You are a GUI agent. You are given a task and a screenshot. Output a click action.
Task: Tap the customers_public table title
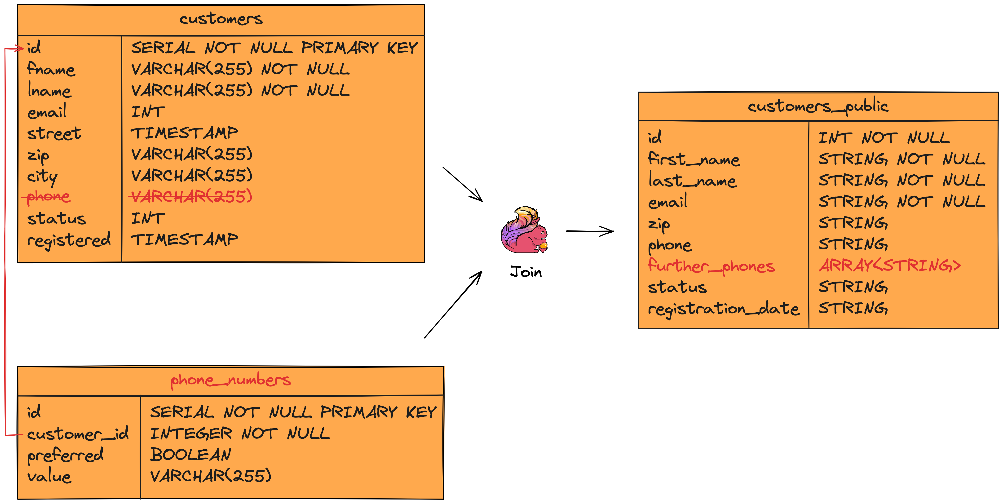click(818, 106)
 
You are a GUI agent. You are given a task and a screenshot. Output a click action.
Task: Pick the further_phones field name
click(711, 266)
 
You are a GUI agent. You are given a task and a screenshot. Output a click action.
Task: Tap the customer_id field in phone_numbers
click(77, 433)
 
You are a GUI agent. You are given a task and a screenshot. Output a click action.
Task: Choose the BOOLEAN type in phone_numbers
click(190, 455)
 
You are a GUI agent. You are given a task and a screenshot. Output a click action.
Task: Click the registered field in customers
click(69, 240)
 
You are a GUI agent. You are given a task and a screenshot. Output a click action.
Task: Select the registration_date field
click(723, 309)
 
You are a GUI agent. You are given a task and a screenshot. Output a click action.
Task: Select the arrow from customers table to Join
click(463, 184)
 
